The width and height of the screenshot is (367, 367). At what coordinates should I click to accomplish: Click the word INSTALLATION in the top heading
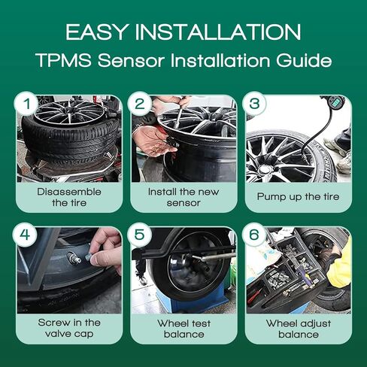[x=218, y=32]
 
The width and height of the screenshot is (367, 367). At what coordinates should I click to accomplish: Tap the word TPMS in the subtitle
[x=64, y=60]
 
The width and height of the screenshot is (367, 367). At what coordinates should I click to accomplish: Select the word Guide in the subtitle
[x=304, y=60]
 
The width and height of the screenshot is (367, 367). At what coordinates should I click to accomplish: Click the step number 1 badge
[x=26, y=104]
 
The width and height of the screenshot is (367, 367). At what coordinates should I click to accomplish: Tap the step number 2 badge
[x=140, y=104]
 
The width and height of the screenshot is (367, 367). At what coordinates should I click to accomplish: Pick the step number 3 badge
[x=254, y=104]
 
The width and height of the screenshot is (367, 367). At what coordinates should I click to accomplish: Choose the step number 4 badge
[x=25, y=235]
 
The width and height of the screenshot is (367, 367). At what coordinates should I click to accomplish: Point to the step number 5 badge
[x=139, y=235]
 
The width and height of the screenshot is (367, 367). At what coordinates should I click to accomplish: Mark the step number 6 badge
[x=254, y=235]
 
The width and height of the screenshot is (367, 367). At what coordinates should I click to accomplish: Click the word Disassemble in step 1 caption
[x=69, y=192]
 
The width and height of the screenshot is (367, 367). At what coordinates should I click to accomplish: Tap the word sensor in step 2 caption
[x=183, y=203]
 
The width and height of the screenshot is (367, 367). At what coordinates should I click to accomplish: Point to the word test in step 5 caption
[x=200, y=323]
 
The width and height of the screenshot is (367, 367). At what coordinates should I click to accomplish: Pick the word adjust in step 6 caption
[x=314, y=324]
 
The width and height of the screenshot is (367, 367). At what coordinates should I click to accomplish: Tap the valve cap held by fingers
[x=89, y=256]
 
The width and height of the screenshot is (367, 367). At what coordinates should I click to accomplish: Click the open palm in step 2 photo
[x=149, y=140]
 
